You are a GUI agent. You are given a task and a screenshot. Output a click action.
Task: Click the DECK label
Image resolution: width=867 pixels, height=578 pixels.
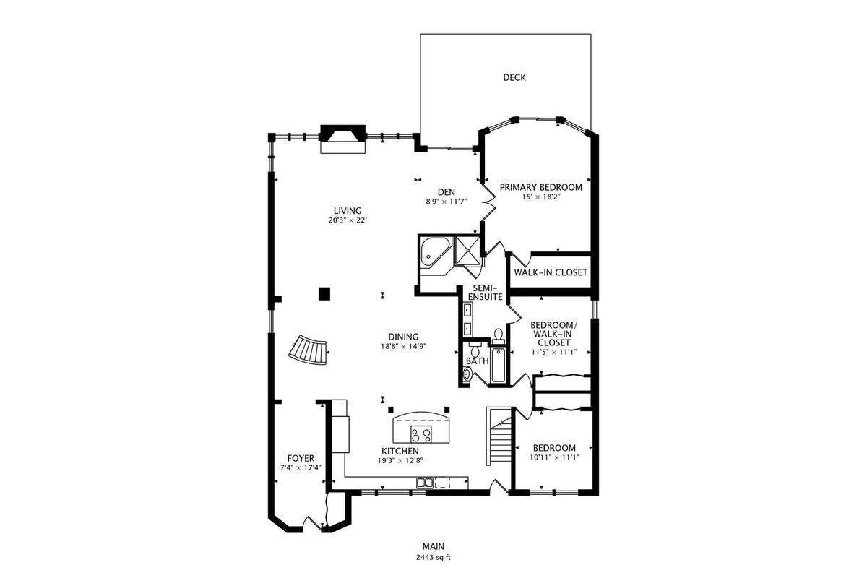coord(514,77)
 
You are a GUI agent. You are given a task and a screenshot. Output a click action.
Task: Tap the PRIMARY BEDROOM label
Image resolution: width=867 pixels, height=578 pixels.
coord(540,187)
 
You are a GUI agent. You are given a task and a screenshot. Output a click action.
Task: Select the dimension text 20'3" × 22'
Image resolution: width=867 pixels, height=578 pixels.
coord(348,220)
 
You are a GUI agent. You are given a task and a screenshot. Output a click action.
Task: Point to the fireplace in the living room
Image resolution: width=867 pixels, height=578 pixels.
coord(343,139)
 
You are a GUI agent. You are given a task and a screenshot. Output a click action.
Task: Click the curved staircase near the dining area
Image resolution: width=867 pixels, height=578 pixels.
coord(309,350)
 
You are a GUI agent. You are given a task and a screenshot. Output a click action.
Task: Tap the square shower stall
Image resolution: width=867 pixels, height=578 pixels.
coord(467,251)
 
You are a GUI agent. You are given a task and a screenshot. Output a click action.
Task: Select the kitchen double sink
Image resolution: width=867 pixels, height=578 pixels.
coord(425,483)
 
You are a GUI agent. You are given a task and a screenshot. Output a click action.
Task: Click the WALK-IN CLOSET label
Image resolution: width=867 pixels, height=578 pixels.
coord(551,272)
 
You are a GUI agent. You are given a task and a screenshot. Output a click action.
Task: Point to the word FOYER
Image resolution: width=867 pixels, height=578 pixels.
coord(301,458)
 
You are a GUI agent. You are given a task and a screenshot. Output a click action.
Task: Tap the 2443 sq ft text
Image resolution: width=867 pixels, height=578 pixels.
coord(433,558)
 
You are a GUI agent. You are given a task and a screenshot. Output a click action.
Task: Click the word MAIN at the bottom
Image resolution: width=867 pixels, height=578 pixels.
coord(433,546)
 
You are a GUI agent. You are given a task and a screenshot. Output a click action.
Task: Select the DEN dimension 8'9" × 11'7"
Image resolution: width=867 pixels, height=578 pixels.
coord(447,202)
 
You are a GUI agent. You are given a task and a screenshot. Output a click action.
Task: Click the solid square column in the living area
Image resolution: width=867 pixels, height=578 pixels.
coord(324,293)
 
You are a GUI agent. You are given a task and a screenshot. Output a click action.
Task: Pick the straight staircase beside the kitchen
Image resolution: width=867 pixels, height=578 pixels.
coord(500,436)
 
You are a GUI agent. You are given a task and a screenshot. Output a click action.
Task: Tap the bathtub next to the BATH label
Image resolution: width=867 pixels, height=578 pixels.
coord(498,365)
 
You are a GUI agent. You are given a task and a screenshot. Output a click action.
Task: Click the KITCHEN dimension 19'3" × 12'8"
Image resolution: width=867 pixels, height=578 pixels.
coord(400,461)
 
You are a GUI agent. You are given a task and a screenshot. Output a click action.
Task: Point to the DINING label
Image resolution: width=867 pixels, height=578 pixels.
coord(403,337)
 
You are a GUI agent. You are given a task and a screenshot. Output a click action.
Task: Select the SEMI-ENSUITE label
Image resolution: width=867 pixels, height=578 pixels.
coord(486,293)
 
